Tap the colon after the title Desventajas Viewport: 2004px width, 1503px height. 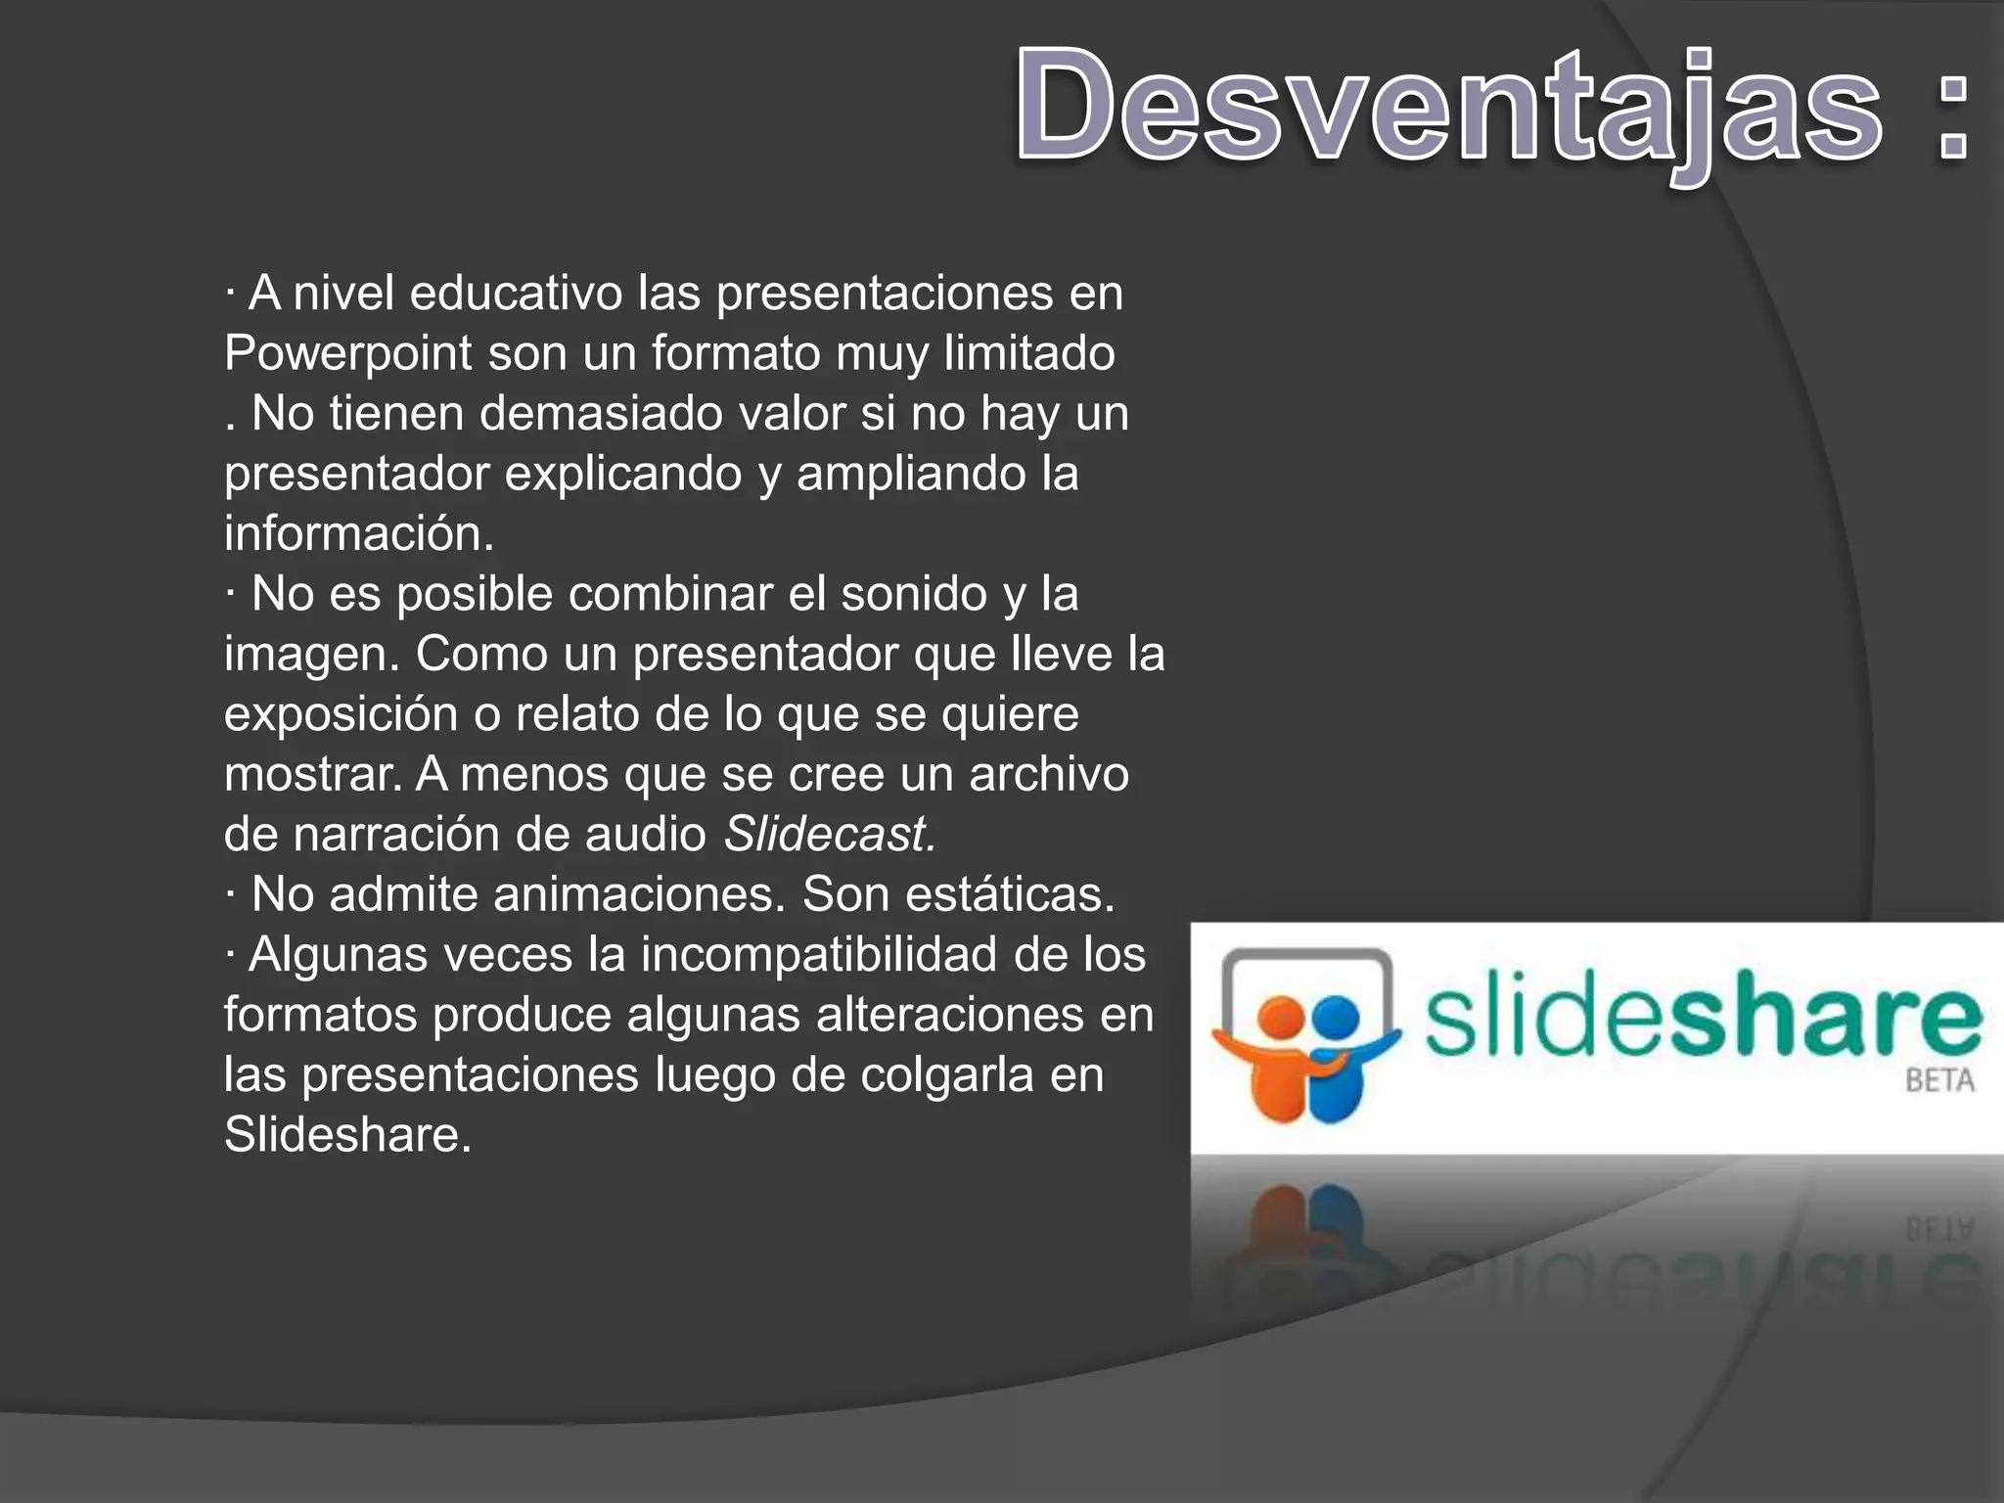coord(1953,117)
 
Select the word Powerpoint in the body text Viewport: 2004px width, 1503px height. coord(347,354)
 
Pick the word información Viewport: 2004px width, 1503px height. coord(358,534)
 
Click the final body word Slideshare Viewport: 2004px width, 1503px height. coord(347,1135)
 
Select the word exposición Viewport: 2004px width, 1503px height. coord(341,714)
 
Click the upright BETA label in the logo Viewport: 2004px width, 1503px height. coord(1939,1080)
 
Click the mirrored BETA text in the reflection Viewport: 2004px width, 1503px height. coord(1939,1229)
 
